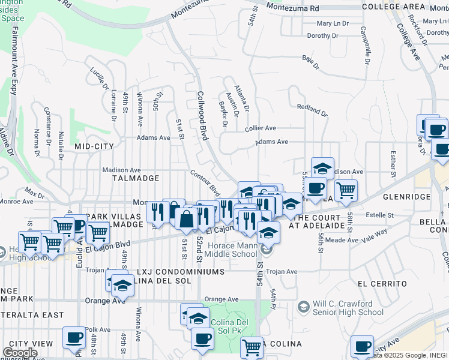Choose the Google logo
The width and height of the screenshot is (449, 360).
[x=20, y=353]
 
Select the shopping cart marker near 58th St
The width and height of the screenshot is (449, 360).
[x=346, y=191]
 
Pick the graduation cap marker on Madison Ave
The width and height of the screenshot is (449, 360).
[x=322, y=167]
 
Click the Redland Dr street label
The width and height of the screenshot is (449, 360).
[x=312, y=110]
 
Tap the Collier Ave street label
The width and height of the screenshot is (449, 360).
[x=260, y=128]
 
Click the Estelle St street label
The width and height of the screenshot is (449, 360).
[x=379, y=215]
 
